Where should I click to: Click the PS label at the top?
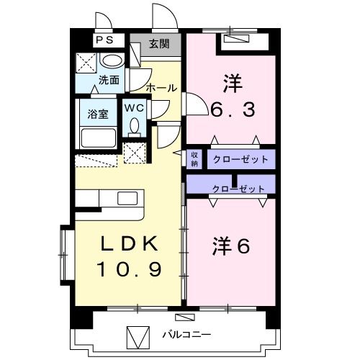tap(104, 41)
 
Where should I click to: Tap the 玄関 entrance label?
tap(159, 43)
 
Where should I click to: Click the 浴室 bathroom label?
tap(97, 113)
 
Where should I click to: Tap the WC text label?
tap(134, 107)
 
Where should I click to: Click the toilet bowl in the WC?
tap(134, 127)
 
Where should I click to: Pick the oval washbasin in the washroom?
tap(112, 61)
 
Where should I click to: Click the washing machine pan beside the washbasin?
tap(87, 62)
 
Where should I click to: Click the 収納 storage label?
tap(194, 158)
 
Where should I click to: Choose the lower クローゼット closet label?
tap(238, 189)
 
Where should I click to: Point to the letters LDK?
tap(127, 245)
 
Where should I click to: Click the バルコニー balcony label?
tap(186, 335)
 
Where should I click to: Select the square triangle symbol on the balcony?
tap(137, 336)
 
